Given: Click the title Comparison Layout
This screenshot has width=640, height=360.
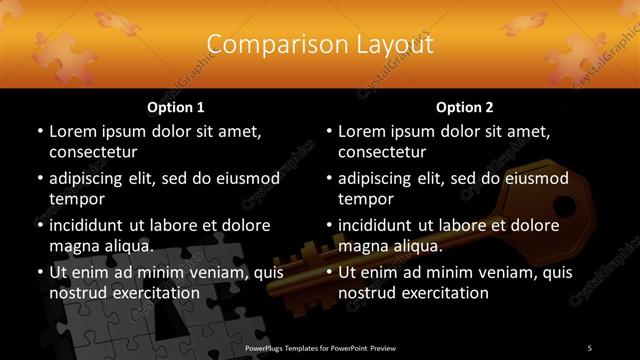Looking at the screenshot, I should [320, 45].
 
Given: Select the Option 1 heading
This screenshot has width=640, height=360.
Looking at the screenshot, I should [176, 106].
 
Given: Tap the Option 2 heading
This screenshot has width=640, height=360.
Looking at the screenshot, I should [465, 106].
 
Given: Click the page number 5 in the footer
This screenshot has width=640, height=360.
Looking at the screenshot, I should [589, 348].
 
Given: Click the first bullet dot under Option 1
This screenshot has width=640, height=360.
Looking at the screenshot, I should [39, 131].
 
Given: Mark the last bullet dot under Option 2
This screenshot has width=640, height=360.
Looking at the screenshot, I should [328, 271].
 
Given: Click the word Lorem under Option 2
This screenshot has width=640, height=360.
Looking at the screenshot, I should [363, 130].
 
